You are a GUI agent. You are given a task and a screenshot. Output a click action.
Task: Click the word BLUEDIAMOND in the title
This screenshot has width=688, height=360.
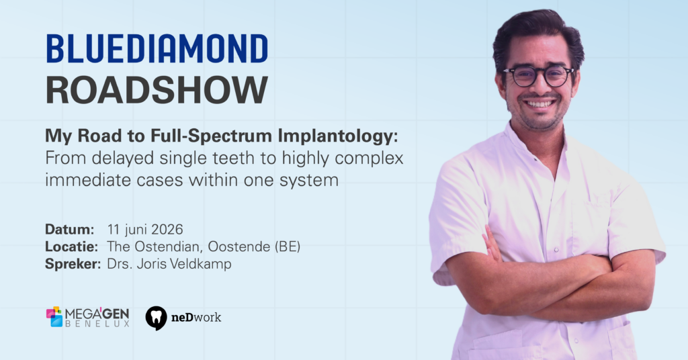(x=157, y=48)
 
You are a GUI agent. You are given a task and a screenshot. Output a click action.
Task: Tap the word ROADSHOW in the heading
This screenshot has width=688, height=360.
(x=157, y=90)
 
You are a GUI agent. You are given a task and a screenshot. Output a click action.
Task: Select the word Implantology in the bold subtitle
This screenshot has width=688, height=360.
(x=338, y=136)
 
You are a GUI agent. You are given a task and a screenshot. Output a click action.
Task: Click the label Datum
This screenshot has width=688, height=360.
(x=70, y=229)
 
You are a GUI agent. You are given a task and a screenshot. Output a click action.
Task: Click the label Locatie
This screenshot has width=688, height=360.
(x=71, y=246)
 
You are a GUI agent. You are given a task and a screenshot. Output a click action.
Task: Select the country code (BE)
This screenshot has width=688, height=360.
(x=288, y=246)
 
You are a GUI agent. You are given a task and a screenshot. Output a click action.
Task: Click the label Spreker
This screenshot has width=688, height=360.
(x=73, y=264)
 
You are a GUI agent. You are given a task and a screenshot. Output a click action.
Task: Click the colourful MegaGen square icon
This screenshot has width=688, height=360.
(x=54, y=316)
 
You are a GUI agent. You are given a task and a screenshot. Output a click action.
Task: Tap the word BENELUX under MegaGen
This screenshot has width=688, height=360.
(x=97, y=324)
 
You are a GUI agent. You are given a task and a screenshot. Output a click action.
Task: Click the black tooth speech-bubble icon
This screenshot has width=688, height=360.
(x=156, y=318)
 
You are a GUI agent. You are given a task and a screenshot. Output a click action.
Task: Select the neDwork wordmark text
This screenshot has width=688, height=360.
(x=196, y=317)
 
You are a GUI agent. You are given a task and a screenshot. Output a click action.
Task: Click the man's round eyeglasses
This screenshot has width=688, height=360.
(x=539, y=77)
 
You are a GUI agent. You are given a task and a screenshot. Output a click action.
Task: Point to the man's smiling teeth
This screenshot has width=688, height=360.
(x=540, y=104)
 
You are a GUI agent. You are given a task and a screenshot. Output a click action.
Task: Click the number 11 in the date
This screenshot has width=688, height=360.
(x=114, y=229)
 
